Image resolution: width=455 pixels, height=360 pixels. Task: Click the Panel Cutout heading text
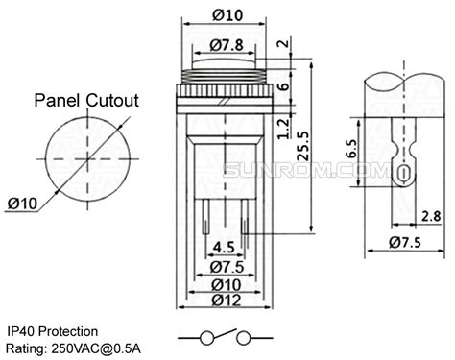87,100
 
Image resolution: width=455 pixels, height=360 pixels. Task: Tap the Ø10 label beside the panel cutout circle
21,202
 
